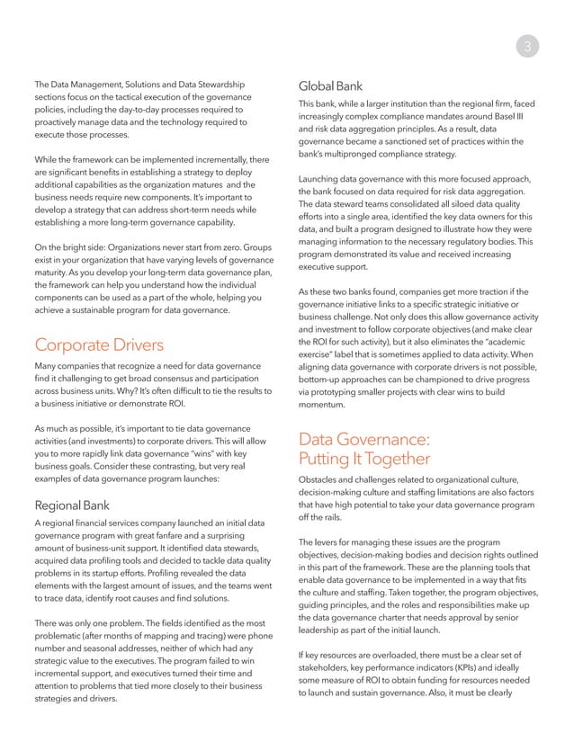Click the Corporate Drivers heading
click(100, 345)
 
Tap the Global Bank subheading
click(330, 87)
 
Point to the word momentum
click(326, 406)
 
